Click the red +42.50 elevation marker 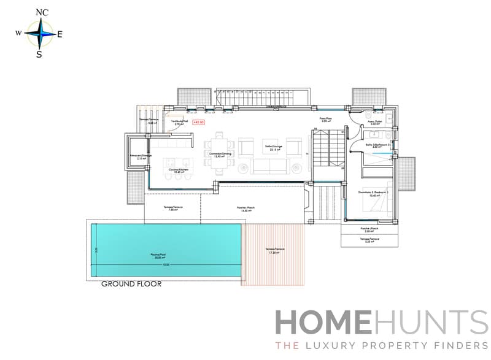198,122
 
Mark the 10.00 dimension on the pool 165,264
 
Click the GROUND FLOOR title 131,284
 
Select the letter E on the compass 60,34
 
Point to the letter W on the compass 19,33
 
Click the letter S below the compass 39,54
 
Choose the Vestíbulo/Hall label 179,123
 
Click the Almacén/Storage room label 141,156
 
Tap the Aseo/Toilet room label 375,123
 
